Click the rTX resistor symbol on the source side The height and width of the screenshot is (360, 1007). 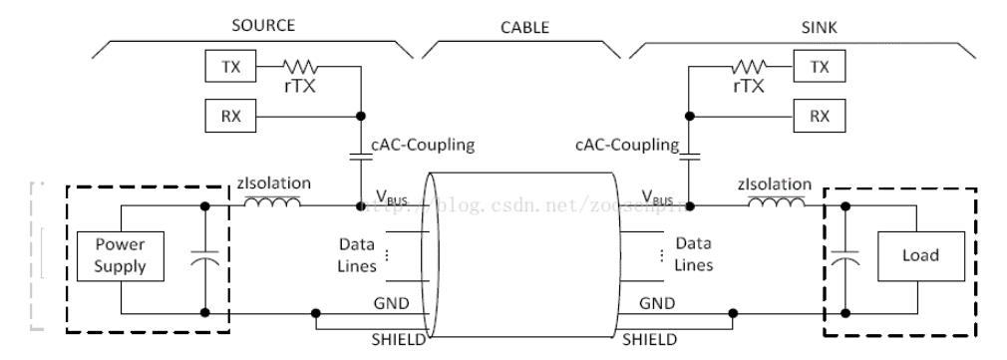click(298, 67)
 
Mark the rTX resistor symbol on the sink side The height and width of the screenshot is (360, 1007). click(750, 67)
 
